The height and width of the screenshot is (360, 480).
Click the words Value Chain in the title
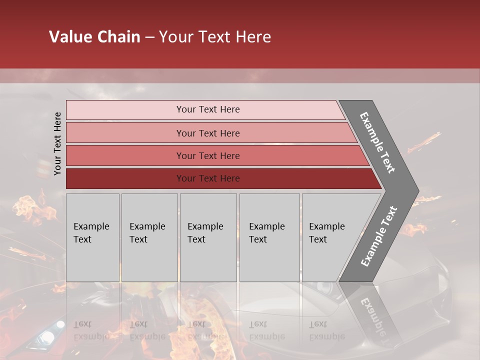pyautogui.click(x=94, y=37)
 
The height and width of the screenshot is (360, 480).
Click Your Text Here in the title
pyautogui.click(x=215, y=37)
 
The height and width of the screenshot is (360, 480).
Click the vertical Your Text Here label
pyautogui.click(x=57, y=143)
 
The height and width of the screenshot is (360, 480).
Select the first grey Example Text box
pyautogui.click(x=92, y=237)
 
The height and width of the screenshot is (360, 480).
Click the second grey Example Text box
pyautogui.click(x=149, y=237)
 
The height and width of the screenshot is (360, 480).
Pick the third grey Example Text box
pyautogui.click(x=208, y=237)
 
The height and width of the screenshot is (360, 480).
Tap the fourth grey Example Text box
pyautogui.click(x=269, y=237)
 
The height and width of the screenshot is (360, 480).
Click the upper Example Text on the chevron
pyautogui.click(x=377, y=142)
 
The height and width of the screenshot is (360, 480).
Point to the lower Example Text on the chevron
pyautogui.click(x=379, y=236)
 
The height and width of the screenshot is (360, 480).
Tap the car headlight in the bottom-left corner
pyautogui.click(x=59, y=324)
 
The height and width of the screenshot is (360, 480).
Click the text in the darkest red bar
pyautogui.click(x=208, y=178)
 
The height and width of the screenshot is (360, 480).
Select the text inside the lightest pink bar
pyautogui.click(x=208, y=109)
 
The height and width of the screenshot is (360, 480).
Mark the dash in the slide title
pyautogui.click(x=149, y=37)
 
